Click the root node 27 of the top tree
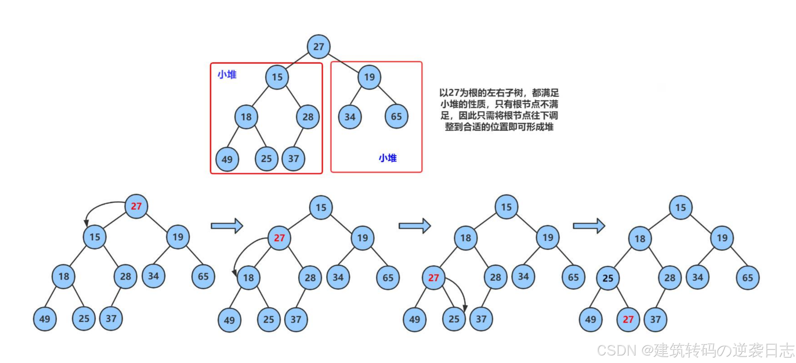click(x=318, y=47)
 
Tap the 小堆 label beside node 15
click(x=227, y=75)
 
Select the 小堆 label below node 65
click(x=388, y=158)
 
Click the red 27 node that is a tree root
click(x=136, y=206)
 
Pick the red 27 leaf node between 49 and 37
click(x=628, y=320)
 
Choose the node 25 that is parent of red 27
click(x=608, y=278)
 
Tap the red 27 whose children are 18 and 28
click(x=279, y=238)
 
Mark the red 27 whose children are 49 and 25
click(x=433, y=278)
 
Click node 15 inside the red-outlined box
click(x=277, y=77)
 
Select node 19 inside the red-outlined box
click(x=369, y=77)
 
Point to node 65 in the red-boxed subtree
click(x=396, y=117)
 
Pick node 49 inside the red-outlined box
click(x=227, y=159)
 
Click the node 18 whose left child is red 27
click(x=465, y=238)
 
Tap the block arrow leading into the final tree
click(x=589, y=226)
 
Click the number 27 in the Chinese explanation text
click(x=454, y=93)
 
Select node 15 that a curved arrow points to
click(x=95, y=237)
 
